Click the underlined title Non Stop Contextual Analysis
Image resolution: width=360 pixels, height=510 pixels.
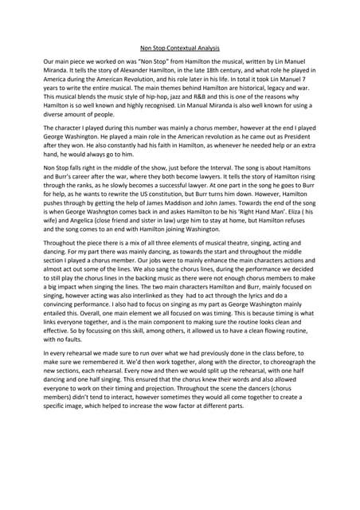179,47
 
